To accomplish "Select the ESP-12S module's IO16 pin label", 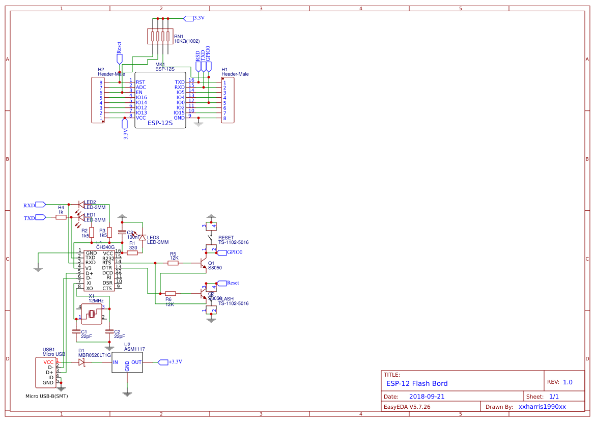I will coord(141,97).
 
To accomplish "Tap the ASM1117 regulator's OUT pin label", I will coord(136,362).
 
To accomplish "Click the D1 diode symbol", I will coord(81,362).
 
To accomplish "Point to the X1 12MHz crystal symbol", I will coord(92,314).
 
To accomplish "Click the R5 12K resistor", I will coord(174,263).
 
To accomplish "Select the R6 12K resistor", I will coord(171,293).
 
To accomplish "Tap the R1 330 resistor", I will coord(132,252).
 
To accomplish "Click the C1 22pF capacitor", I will coord(77,331).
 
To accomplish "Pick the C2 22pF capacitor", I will coord(109,331).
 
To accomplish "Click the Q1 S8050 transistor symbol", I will coord(204,263).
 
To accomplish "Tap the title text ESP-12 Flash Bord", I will coord(417,383).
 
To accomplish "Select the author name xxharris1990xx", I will coord(542,407).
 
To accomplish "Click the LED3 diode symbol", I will coord(142,238).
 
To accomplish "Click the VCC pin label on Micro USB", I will coord(48,362).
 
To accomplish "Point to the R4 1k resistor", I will coord(61,217).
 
